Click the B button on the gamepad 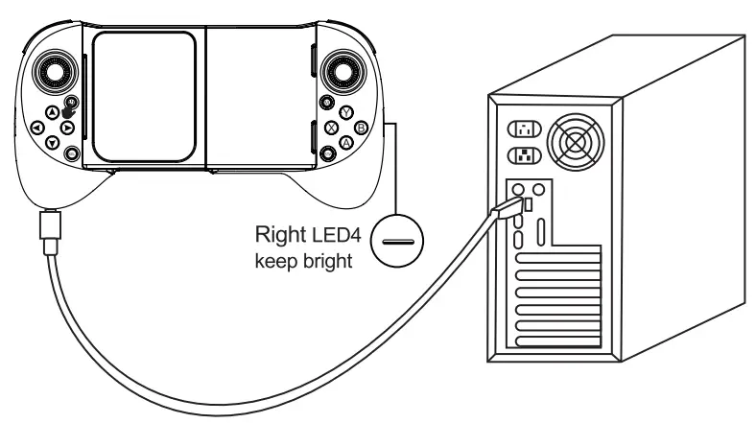(361, 128)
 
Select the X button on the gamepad (330, 127)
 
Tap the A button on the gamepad (345, 142)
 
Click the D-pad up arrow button (52, 110)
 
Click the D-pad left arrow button (35, 127)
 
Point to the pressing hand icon (69, 109)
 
